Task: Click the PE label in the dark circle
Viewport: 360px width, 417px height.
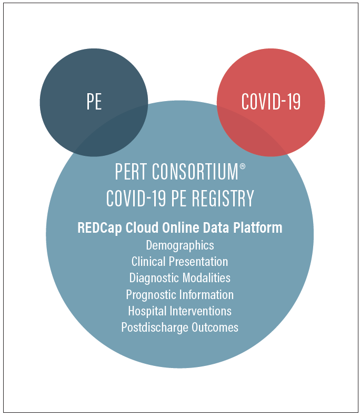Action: tap(94, 101)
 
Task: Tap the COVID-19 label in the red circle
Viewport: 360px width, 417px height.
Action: tap(271, 101)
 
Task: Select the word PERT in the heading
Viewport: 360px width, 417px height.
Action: tap(131, 172)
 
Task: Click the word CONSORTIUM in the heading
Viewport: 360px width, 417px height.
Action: tap(195, 172)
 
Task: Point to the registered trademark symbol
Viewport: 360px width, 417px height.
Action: tap(243, 166)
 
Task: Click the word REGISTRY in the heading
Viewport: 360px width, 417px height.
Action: tap(223, 198)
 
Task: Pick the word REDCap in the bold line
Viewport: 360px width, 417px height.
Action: tap(99, 228)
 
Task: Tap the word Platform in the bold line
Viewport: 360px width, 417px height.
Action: tap(258, 227)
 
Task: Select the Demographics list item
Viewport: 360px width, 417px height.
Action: tap(180, 245)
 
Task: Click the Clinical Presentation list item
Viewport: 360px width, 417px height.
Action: tap(179, 262)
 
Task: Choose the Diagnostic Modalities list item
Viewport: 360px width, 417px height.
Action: tap(179, 278)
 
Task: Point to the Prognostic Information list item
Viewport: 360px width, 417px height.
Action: tap(179, 295)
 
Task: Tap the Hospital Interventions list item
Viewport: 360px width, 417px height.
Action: tap(179, 311)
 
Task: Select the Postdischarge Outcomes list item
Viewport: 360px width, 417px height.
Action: tap(179, 327)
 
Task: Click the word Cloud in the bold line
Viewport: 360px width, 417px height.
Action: tap(142, 227)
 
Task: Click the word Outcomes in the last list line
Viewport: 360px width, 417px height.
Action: tap(215, 327)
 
